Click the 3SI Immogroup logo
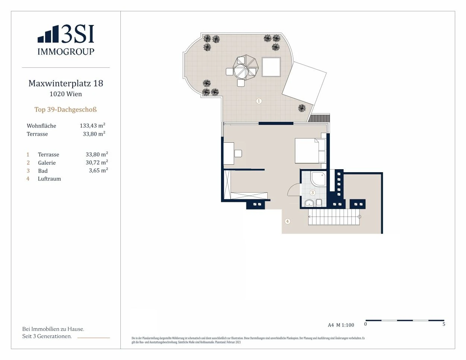coord(66,40)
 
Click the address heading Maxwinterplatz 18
coord(66,83)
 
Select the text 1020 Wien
coord(66,94)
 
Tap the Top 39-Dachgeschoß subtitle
coord(66,110)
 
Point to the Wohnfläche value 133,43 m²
coord(92,126)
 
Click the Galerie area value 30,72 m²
coord(97,162)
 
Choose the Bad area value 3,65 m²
coord(98,171)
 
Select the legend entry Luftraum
coord(49,179)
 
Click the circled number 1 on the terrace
coord(259,101)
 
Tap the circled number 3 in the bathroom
coord(312,193)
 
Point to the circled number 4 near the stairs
coord(287,221)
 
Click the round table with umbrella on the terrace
coord(246,67)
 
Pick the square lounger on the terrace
coord(271,67)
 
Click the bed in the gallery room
coord(310,151)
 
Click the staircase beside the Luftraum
coord(334,217)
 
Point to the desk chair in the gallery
coord(238,154)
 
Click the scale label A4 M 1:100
coord(341,325)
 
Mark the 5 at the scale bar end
coord(444,324)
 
